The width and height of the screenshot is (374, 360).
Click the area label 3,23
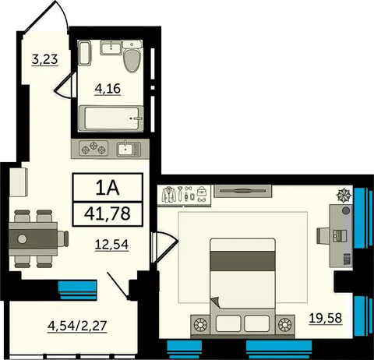[x=44, y=59]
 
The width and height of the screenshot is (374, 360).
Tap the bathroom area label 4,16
[x=108, y=89]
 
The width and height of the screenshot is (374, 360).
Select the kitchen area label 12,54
[x=111, y=245]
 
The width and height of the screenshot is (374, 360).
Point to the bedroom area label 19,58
[x=326, y=318]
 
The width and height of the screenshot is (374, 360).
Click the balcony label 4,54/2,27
[x=77, y=326]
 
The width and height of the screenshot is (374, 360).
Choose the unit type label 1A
[x=108, y=188]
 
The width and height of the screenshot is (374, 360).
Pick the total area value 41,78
[x=108, y=214]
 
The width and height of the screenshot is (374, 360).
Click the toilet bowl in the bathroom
[x=132, y=60]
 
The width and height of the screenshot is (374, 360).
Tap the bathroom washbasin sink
[x=111, y=48]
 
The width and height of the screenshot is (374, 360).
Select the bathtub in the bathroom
[x=111, y=118]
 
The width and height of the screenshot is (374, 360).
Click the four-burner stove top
[x=93, y=149]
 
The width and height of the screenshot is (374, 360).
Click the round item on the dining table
[x=23, y=238]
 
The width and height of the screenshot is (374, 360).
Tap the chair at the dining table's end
[x=63, y=238]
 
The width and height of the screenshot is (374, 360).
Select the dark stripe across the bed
[x=242, y=261]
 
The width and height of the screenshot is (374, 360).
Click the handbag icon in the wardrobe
[x=201, y=192]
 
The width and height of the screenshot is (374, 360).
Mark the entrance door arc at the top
[x=63, y=12]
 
